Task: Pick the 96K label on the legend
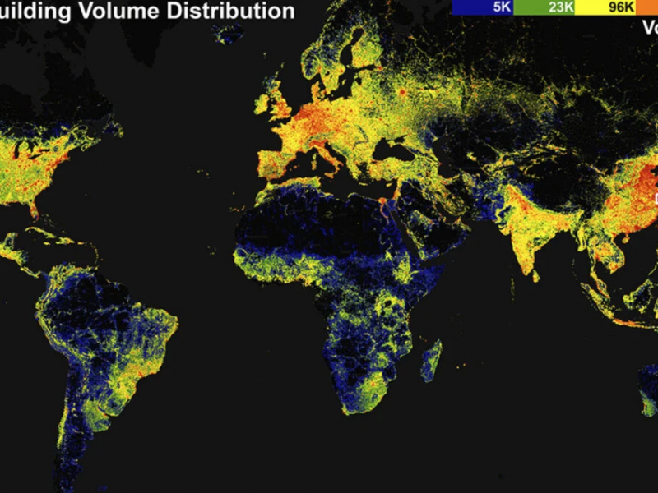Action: (621, 7)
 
